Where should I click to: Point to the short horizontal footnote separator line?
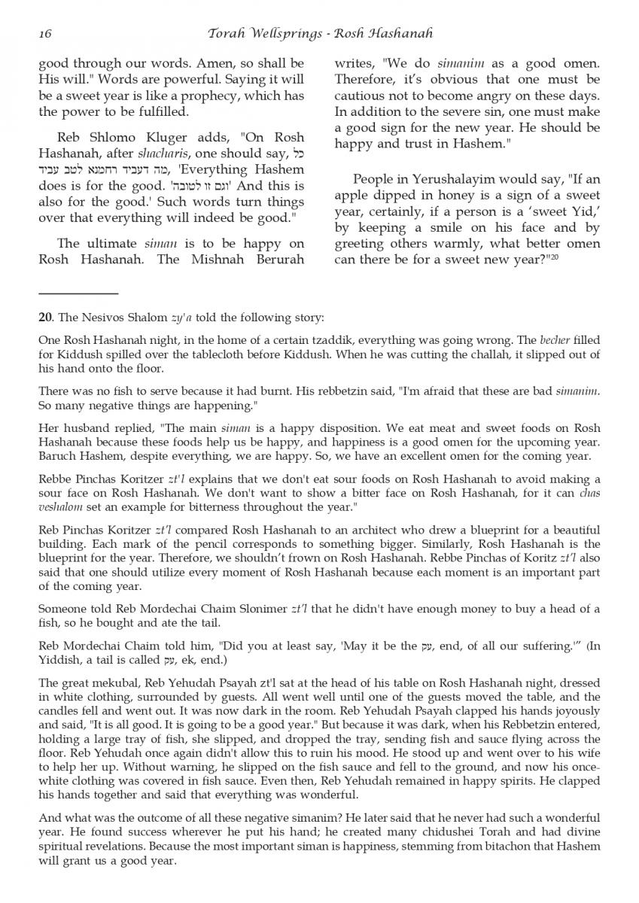coord(78,293)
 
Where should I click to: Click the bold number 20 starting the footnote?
coord(44,318)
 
